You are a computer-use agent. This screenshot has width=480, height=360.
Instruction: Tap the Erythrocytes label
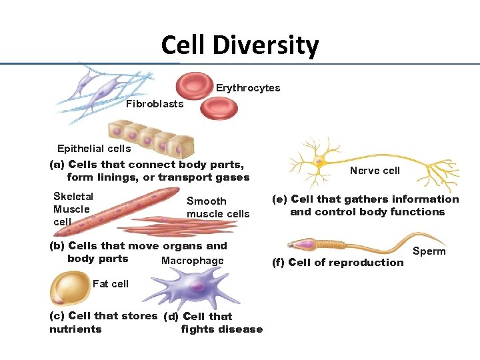(248, 88)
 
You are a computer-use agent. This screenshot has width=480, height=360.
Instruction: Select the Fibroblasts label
(155, 104)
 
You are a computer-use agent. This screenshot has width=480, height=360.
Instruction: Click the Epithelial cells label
(94, 149)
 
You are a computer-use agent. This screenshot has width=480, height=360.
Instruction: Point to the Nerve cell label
(375, 171)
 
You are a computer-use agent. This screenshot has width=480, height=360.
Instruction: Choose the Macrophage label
(193, 260)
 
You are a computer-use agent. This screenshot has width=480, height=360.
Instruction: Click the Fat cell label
(111, 284)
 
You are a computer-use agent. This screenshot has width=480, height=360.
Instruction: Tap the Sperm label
(429, 251)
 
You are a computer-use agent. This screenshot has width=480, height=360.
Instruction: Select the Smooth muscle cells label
(218, 207)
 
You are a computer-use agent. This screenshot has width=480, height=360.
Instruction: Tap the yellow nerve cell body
(321, 161)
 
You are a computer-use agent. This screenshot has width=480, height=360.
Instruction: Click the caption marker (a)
(57, 165)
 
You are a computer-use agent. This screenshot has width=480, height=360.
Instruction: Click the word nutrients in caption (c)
(75, 329)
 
